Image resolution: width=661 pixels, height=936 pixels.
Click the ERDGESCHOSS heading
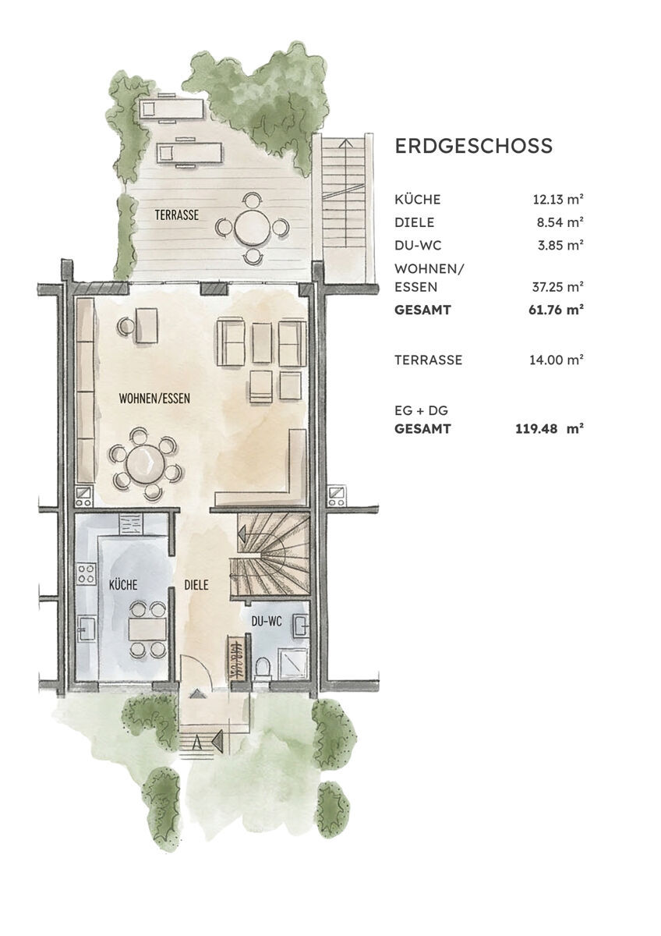coord(474,146)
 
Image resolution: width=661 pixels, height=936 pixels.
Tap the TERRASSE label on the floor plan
coord(176,215)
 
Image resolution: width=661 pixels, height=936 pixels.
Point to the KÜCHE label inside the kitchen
coord(123,584)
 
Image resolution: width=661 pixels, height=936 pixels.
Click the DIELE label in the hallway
coord(196,584)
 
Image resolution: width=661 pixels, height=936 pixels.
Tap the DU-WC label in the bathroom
coord(267,621)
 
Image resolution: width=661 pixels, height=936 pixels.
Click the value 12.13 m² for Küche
coord(557,200)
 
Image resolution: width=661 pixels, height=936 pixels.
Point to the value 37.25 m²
coord(557,287)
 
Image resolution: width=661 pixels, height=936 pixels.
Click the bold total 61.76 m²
coord(557,310)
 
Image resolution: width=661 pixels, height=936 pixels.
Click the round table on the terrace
coord(252,228)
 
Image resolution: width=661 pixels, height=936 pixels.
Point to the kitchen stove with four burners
coord(85,576)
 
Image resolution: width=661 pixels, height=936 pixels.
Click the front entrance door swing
coord(198,673)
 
